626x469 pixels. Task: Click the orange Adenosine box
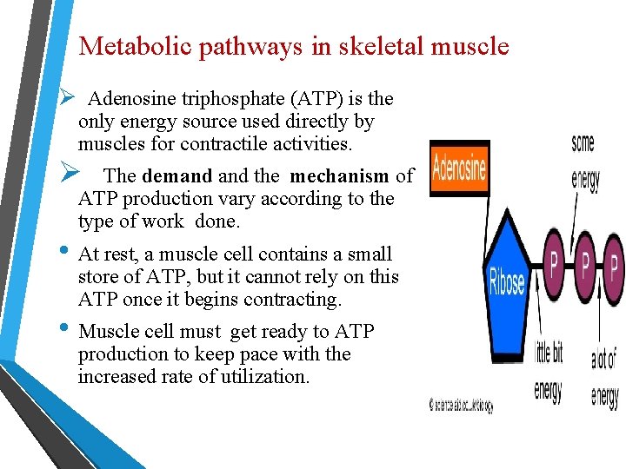(459, 168)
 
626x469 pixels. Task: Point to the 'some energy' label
(584, 162)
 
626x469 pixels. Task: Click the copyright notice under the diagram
(461, 406)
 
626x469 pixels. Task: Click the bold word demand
(177, 176)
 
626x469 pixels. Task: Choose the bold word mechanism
(339, 176)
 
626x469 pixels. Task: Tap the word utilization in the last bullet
(261, 376)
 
